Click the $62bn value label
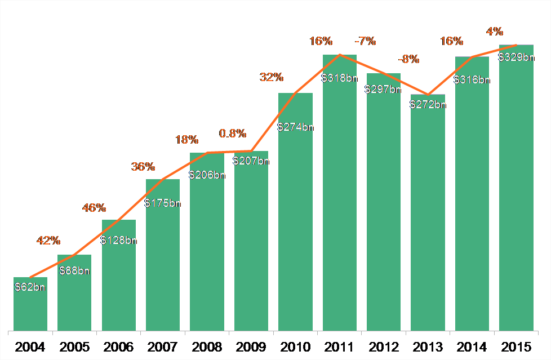[x=30, y=287]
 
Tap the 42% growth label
[x=48, y=241]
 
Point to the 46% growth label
[x=94, y=208]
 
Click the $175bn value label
[x=163, y=203]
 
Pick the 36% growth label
[x=143, y=167]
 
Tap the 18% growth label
[x=187, y=140]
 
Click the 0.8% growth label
[x=233, y=134]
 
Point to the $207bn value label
[x=251, y=161]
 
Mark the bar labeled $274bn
[x=295, y=225]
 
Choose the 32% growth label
[x=272, y=78]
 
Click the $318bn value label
[x=339, y=78]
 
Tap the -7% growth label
[x=365, y=41]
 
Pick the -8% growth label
[x=409, y=59]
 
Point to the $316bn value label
[x=472, y=79]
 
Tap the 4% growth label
[x=495, y=32]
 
